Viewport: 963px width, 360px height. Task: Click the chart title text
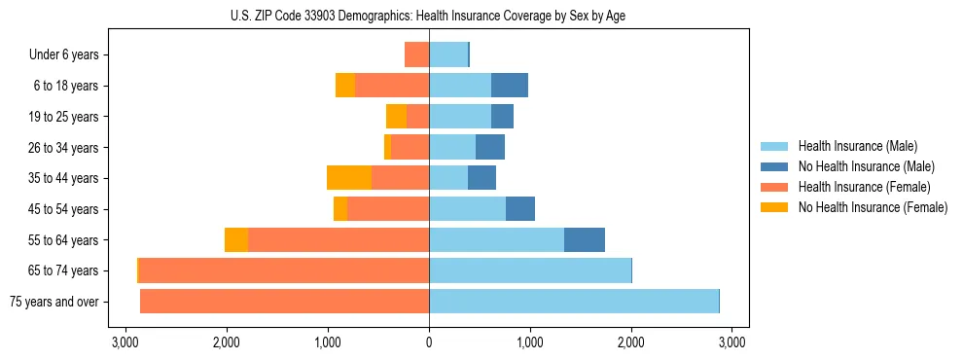(x=429, y=16)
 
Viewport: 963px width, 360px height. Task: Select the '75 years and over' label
(x=54, y=302)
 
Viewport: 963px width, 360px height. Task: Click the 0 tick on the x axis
(x=429, y=342)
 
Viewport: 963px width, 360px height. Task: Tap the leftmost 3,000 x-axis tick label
(x=125, y=342)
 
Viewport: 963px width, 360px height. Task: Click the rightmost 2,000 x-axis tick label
(x=631, y=342)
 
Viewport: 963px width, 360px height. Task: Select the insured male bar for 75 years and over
(x=574, y=302)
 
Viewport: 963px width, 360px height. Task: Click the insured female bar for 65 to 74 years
(x=284, y=270)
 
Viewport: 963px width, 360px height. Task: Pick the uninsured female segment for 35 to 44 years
(x=349, y=178)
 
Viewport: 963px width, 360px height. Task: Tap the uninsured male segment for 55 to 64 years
(x=585, y=239)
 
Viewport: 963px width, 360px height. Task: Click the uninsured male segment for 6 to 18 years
(x=510, y=86)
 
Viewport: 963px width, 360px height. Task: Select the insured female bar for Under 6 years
(x=417, y=54)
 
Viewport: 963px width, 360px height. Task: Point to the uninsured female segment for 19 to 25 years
(x=396, y=117)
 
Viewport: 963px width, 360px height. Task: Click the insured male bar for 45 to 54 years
(x=467, y=209)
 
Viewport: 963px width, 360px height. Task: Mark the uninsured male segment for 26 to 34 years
(x=490, y=147)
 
